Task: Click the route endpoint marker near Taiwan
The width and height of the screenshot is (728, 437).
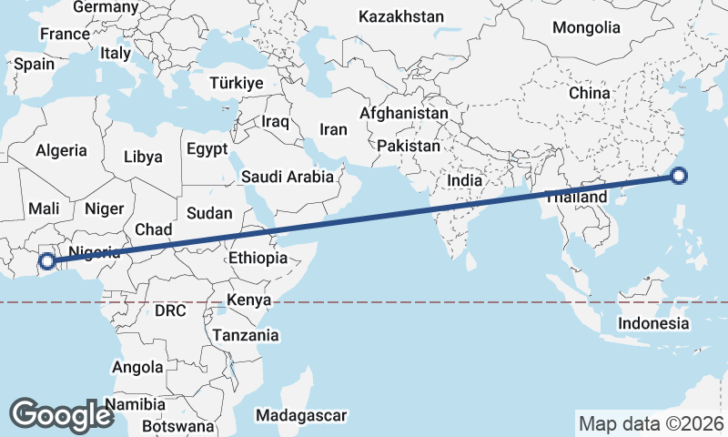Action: (678, 177)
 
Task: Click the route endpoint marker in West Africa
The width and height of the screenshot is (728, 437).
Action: (47, 262)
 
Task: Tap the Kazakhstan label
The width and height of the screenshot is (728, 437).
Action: (401, 16)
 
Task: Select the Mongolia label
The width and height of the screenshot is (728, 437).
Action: (586, 27)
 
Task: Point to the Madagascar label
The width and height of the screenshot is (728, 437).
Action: (301, 415)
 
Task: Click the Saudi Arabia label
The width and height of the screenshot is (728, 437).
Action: (288, 178)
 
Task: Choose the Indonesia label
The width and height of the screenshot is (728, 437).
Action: (653, 323)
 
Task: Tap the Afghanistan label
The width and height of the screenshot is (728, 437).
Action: (404, 114)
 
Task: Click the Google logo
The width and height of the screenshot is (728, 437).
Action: (61, 414)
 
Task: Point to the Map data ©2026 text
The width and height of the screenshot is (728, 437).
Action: (652, 423)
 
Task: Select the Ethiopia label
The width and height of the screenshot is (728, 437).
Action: (258, 259)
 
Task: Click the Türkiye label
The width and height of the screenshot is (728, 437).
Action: (236, 83)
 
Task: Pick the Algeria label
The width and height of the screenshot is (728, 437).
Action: (62, 150)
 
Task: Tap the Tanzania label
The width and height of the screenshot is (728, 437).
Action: (246, 335)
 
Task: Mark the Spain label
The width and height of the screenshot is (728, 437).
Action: (35, 65)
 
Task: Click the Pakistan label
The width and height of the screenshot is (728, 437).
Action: (409, 146)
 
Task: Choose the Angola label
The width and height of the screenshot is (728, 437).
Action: (136, 368)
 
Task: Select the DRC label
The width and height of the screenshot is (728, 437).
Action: (170, 310)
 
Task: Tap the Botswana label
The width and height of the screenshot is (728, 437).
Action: (177, 426)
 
